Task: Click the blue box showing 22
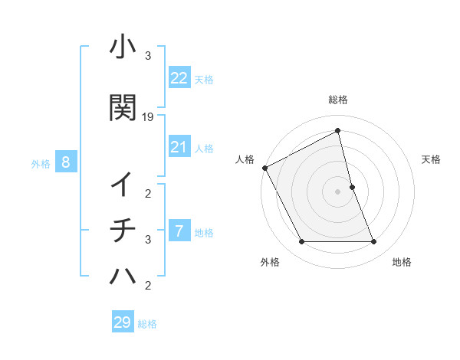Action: pos(179,78)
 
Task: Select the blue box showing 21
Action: pos(179,147)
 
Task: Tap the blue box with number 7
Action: pos(179,231)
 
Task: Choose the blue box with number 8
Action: pos(67,162)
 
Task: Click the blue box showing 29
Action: pos(123,322)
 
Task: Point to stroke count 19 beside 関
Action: pos(148,117)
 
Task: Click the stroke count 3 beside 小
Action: pos(148,56)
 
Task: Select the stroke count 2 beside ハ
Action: pos(148,286)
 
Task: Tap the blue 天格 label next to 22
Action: pos(204,79)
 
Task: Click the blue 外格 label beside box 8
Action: pos(41,163)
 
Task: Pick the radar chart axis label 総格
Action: pos(338,100)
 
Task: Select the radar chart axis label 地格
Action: pos(402,263)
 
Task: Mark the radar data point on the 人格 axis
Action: pos(264,167)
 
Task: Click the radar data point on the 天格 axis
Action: pos(352,187)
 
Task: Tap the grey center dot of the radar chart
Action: pos(338,191)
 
